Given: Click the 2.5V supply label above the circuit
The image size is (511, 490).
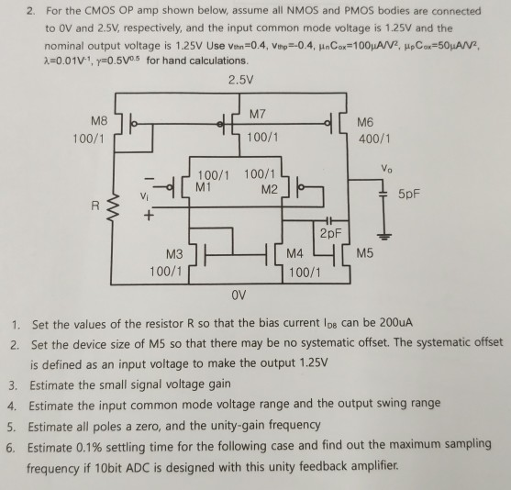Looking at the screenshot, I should click(x=238, y=77).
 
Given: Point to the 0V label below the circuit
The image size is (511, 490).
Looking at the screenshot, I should click(x=239, y=295).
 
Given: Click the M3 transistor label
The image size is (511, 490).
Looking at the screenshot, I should click(x=174, y=253).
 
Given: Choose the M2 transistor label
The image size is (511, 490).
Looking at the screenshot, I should click(x=267, y=189).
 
